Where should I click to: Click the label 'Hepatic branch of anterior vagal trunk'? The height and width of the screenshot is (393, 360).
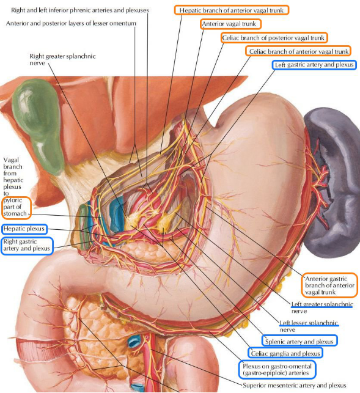[x=232, y=10]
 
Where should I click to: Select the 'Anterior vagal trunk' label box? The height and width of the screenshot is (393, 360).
[x=230, y=24]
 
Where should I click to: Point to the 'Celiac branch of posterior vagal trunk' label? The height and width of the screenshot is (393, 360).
[x=274, y=38]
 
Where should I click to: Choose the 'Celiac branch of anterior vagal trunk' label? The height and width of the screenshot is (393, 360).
[x=298, y=51]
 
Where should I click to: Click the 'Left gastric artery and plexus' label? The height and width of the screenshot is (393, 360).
[x=314, y=65]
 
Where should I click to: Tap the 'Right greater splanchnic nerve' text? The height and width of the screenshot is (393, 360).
[x=62, y=59]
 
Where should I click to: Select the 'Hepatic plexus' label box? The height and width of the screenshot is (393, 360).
[x=24, y=229]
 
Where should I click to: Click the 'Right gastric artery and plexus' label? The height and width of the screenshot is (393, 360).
[x=27, y=245]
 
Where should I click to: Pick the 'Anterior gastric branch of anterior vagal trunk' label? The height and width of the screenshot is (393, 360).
[x=329, y=285]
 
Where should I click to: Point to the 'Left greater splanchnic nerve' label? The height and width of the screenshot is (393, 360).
[x=322, y=307]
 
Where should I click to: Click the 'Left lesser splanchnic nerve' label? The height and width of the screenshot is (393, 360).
[x=309, y=326]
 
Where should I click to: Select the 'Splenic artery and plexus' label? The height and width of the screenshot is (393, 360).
[x=299, y=341]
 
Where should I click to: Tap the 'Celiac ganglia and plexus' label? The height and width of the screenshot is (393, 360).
[x=285, y=353]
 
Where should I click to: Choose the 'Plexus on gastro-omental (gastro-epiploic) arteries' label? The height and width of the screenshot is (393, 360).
[x=277, y=369]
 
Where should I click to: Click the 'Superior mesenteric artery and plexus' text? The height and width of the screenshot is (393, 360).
[x=295, y=385]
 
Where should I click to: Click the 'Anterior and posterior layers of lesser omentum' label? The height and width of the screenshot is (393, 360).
[x=71, y=23]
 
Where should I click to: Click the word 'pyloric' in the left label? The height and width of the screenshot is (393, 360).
[x=13, y=200]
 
